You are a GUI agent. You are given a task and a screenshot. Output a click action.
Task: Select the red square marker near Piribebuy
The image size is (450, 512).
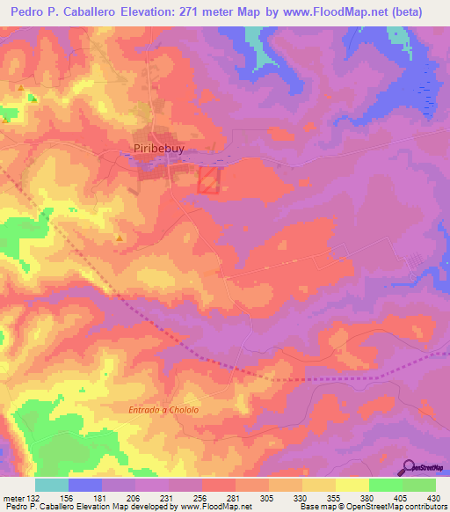pyautogui.click(x=208, y=181)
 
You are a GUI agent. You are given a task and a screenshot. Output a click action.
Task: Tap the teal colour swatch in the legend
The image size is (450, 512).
pyautogui.click(x=52, y=485)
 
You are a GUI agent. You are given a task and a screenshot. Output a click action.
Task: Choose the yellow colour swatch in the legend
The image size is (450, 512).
pyautogui.click(x=352, y=485)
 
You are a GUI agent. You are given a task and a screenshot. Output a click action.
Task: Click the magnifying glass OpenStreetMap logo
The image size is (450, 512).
pyautogui.click(x=410, y=469)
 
